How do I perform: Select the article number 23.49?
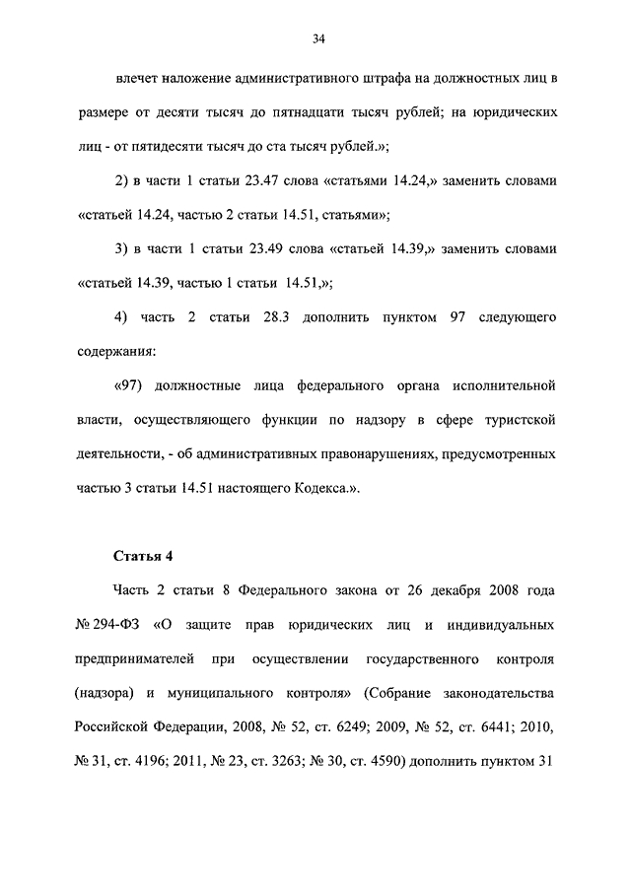(273, 247)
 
